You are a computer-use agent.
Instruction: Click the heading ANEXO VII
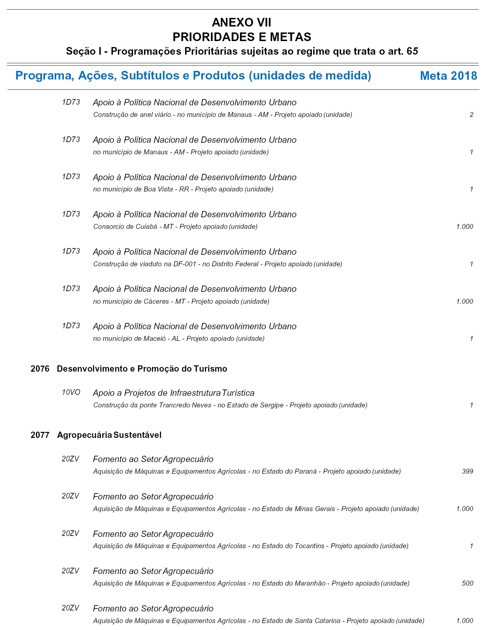241,23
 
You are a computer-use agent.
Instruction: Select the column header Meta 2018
448,76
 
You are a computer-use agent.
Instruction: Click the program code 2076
40,369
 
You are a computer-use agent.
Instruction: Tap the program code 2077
40,435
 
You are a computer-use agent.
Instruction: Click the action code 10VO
71,393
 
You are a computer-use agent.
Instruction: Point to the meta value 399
467,471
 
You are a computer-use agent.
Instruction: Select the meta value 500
467,583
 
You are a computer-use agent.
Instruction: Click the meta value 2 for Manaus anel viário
471,115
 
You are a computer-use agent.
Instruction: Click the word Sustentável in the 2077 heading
137,435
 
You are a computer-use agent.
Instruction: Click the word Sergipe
271,405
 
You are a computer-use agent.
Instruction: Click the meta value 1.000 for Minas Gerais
464,509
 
